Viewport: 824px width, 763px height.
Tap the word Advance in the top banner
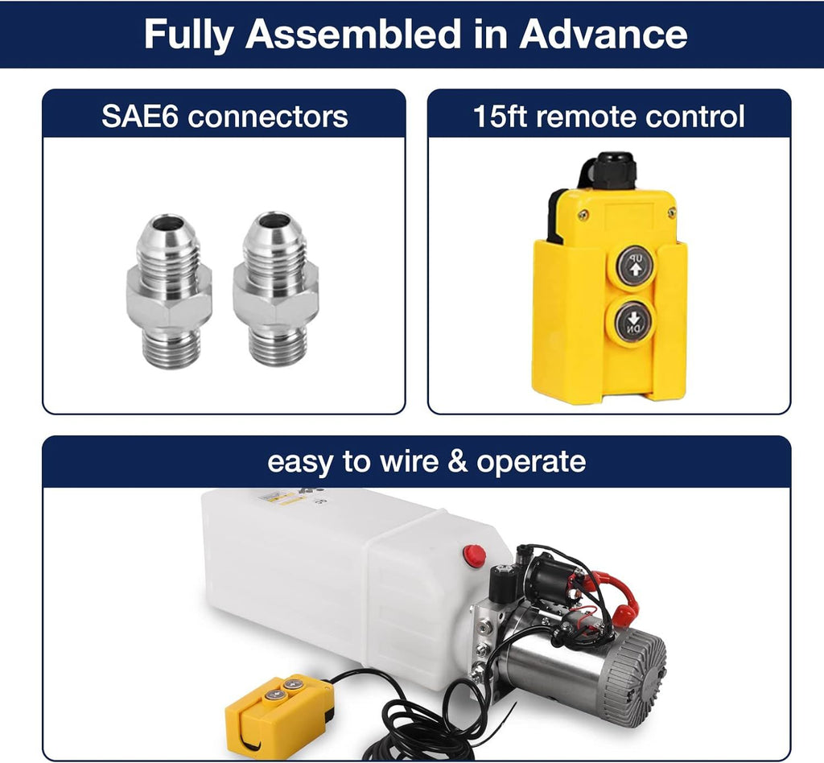point(604,34)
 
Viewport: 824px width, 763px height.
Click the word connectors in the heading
point(267,117)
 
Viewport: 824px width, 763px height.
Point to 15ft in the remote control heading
point(500,116)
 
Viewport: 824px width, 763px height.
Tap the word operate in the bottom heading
point(531,463)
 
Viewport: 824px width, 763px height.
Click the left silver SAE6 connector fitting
point(169,291)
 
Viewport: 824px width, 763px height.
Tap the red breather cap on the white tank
point(474,556)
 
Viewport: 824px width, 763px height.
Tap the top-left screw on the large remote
point(583,214)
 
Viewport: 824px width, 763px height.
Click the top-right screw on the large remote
point(672,212)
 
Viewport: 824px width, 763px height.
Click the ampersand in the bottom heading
point(458,461)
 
